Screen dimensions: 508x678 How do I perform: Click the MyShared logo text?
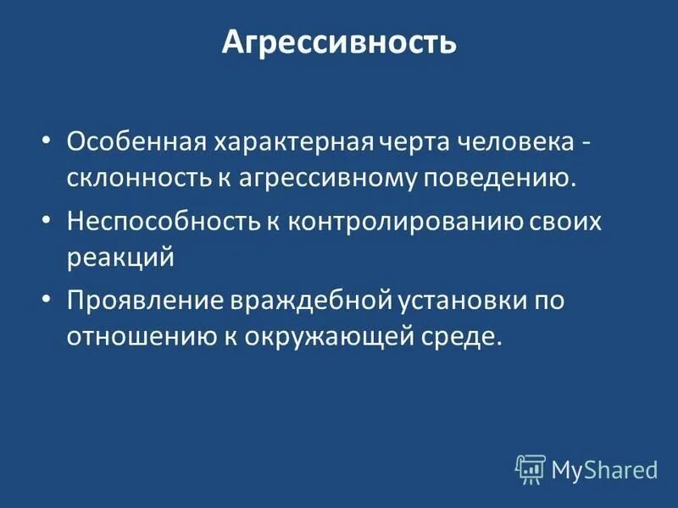pyautogui.click(x=604, y=467)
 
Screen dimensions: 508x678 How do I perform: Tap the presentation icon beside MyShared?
pyautogui.click(x=531, y=468)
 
